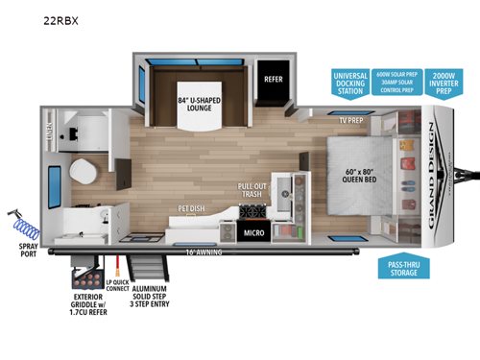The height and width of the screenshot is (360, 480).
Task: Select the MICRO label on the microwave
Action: (x=253, y=231)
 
